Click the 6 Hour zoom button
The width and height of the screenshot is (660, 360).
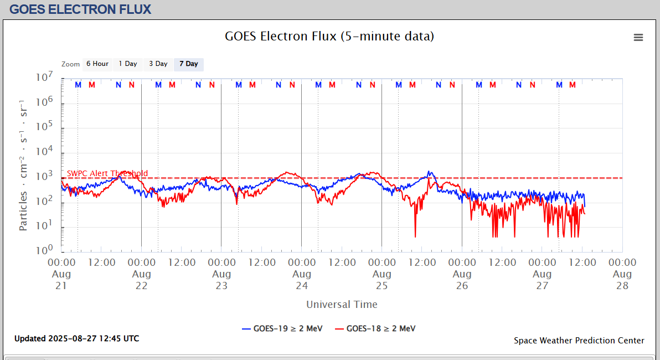[97, 64]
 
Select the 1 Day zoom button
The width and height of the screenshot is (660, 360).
[127, 64]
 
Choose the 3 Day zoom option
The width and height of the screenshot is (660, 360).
[158, 64]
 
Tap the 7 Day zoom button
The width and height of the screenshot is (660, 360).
[188, 64]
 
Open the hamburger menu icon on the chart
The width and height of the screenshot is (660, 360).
[638, 38]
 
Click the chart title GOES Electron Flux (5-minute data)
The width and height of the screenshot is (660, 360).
[329, 37]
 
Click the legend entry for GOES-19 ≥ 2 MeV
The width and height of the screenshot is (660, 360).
[282, 328]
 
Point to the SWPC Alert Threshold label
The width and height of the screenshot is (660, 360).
[107, 173]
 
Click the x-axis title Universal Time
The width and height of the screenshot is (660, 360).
[342, 305]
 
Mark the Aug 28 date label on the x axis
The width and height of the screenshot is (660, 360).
[622, 280]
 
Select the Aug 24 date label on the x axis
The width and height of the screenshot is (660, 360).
[302, 280]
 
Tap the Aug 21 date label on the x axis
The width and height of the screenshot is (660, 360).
[61, 280]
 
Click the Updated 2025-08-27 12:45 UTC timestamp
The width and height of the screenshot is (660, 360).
[76, 338]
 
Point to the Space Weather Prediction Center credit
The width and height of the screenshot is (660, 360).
[579, 341]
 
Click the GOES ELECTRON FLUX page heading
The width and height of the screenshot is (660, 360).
[80, 9]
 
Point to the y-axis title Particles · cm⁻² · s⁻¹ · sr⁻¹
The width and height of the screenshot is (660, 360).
[24, 165]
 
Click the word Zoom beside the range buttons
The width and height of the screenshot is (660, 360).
[71, 64]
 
